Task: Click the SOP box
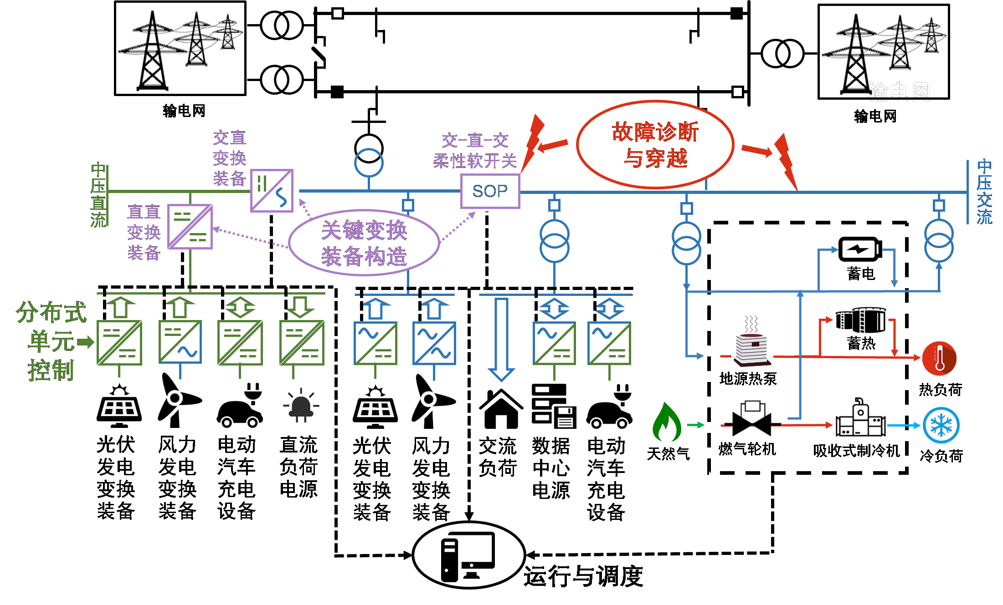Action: [490, 191]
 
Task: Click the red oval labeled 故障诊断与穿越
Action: [655, 144]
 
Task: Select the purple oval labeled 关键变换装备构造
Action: [364, 243]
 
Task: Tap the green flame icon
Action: [666, 422]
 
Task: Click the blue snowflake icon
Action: [941, 425]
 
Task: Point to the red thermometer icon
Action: [939, 358]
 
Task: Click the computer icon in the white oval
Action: [468, 555]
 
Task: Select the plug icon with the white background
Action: [301, 405]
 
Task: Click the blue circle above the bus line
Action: [369, 163]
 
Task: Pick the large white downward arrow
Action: [501, 339]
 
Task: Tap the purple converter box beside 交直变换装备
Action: [272, 191]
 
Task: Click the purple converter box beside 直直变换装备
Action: [190, 227]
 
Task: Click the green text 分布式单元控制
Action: [51, 341]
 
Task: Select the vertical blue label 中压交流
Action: [984, 192]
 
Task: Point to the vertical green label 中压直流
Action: [98, 195]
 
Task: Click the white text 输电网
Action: [899, 91]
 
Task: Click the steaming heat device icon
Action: [752, 341]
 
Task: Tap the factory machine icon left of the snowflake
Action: [860, 417]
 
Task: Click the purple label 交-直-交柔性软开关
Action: [475, 151]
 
